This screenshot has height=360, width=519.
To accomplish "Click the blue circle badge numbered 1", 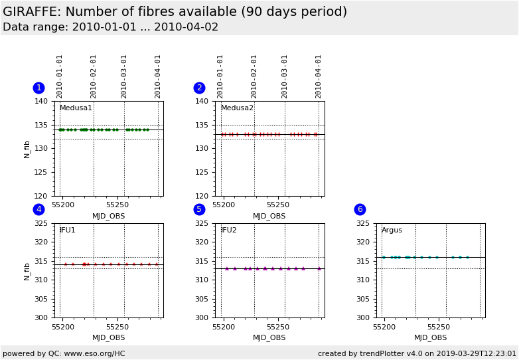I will (38, 88).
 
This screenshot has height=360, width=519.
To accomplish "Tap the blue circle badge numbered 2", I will (199, 88).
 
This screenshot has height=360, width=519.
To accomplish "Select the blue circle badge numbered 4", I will (38, 209).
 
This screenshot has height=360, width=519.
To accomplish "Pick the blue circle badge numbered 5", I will (199, 209).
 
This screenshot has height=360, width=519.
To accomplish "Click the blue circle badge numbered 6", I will (360, 209).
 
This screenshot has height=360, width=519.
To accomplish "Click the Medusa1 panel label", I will (76, 108).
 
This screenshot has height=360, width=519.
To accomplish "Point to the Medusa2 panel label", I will (237, 108).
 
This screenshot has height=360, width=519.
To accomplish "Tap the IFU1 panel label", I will (68, 230).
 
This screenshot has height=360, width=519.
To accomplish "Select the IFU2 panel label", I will (229, 230).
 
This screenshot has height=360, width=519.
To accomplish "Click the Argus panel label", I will (392, 230).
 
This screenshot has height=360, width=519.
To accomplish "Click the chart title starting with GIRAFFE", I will (175, 12).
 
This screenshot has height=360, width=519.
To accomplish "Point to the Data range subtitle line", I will (110, 27).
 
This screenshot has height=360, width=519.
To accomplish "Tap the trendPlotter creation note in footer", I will (417, 353).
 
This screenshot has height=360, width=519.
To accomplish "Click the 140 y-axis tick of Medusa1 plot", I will (42, 102).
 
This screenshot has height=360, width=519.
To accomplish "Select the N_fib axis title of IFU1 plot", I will (27, 270).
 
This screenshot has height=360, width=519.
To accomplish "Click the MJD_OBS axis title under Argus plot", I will (430, 337).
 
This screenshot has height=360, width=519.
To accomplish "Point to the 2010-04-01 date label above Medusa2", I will (319, 76).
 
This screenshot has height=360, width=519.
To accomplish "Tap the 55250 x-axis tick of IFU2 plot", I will (278, 327).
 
